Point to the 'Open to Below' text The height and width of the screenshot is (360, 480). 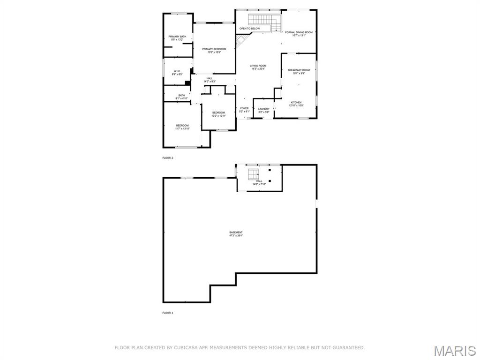click(x=249, y=29)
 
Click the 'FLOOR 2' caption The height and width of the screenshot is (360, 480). click(x=168, y=158)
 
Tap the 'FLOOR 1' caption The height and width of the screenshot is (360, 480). click(x=168, y=313)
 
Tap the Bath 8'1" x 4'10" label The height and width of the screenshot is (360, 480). click(x=181, y=97)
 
